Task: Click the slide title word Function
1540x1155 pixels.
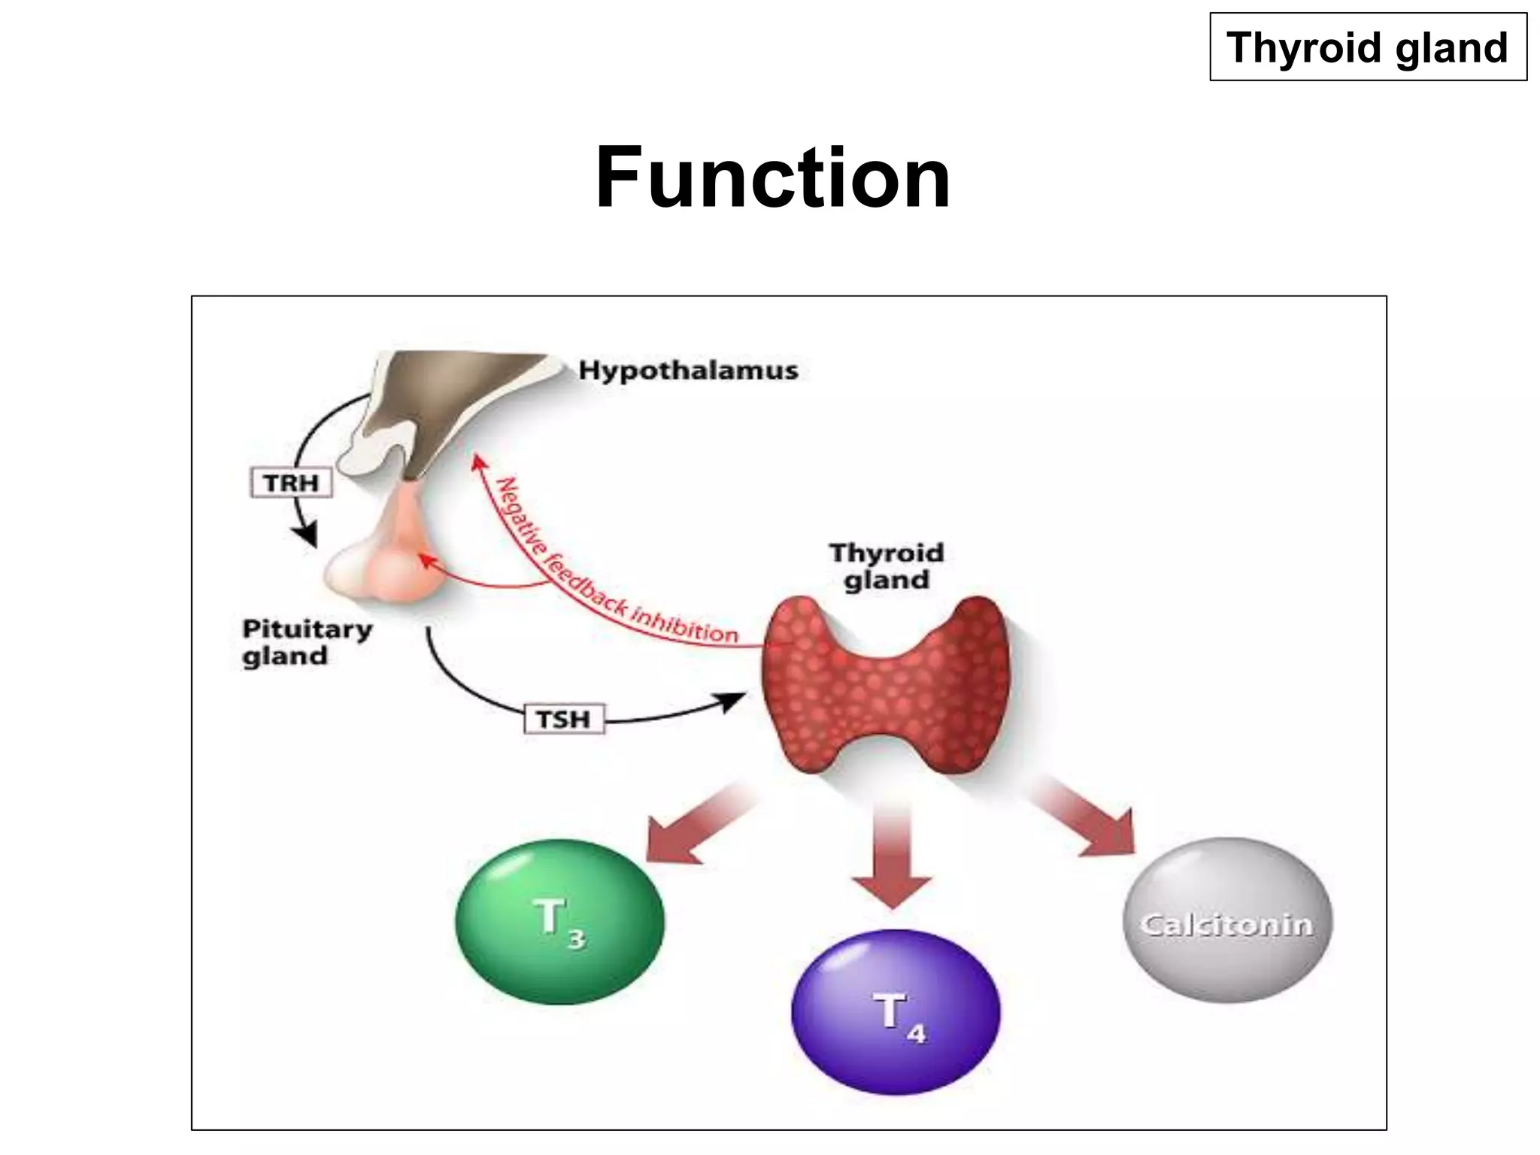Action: (x=772, y=179)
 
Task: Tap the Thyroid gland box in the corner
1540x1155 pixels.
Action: (x=1368, y=47)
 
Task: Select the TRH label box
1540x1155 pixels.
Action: (x=291, y=483)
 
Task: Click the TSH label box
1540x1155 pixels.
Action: (x=564, y=720)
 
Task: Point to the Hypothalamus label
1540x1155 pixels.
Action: (x=688, y=371)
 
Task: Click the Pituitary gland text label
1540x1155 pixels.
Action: (x=307, y=642)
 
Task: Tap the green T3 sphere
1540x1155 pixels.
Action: (x=560, y=922)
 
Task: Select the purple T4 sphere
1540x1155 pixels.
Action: (x=896, y=1012)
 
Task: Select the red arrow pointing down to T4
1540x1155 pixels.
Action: (x=893, y=857)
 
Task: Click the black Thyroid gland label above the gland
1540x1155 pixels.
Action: (x=887, y=566)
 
